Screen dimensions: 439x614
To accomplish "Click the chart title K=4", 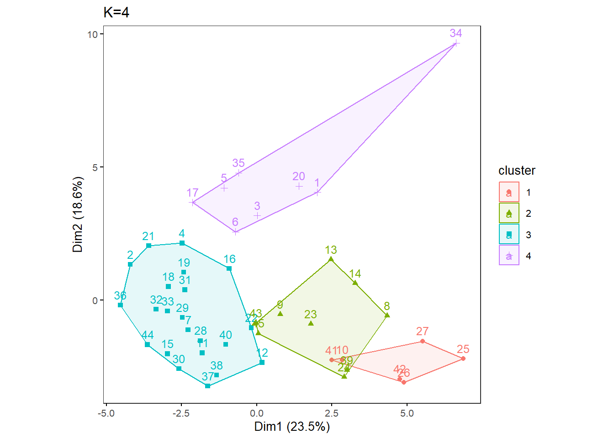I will [x=116, y=12].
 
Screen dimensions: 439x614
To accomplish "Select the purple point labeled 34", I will [x=455, y=43].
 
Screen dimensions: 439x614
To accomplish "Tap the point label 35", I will [x=238, y=163].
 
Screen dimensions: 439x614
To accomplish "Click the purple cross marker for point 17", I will [x=193, y=202].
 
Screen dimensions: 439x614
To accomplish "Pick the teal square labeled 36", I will [x=121, y=305].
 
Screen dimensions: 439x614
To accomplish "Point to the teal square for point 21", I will [x=148, y=246].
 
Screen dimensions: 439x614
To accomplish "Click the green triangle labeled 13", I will [x=331, y=259].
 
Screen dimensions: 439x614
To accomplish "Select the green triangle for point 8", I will [x=387, y=315].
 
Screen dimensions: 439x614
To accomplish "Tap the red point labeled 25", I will [x=463, y=359].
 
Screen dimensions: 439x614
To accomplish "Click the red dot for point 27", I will [x=423, y=341].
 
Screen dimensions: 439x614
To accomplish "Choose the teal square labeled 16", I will [x=229, y=268].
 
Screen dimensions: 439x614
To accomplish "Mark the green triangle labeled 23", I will [x=311, y=323].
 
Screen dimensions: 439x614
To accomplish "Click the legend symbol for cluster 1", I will [x=509, y=192].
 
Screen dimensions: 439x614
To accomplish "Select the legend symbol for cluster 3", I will [x=509, y=235].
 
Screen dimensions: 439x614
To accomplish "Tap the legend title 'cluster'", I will [x=517, y=171].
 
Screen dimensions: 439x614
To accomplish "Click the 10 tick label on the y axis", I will [x=93, y=34].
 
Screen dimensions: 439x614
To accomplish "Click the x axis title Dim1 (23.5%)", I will [x=292, y=427].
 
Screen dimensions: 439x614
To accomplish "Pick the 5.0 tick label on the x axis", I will [x=407, y=413].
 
